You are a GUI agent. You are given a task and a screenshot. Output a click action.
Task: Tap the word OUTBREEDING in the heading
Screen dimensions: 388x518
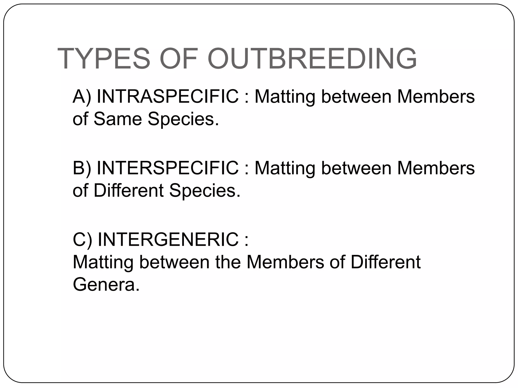click(x=312, y=59)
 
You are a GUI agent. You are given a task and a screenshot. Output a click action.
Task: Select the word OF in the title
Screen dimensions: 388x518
click(x=179, y=59)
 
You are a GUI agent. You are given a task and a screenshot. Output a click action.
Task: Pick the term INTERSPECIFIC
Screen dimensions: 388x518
click(x=168, y=168)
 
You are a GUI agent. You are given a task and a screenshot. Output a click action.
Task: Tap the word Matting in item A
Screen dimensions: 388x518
click(x=285, y=97)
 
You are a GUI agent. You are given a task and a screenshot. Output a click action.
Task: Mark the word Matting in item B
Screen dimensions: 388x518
click(x=285, y=168)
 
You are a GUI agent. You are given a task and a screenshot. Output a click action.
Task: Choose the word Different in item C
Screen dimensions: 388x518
click(x=385, y=262)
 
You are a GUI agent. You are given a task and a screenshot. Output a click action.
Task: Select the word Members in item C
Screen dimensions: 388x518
click(x=285, y=262)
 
